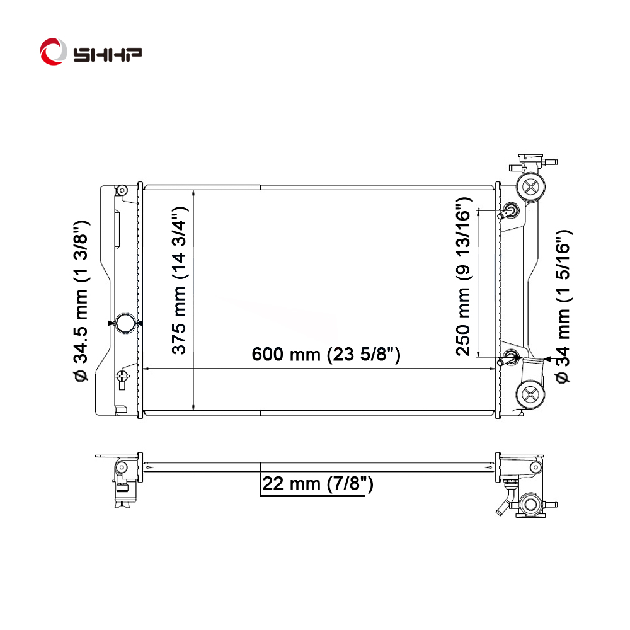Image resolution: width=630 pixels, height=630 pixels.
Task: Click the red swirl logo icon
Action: pyautogui.click(x=53, y=52)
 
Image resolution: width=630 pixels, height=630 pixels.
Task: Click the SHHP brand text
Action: pyautogui.click(x=107, y=54)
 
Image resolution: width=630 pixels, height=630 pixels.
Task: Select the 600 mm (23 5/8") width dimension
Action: pyautogui.click(x=326, y=354)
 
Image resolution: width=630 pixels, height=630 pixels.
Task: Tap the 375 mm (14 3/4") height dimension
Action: pyautogui.click(x=179, y=280)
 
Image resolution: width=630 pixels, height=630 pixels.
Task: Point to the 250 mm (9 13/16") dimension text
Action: pyautogui.click(x=463, y=277)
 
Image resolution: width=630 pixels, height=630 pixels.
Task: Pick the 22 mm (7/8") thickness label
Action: pyautogui.click(x=318, y=483)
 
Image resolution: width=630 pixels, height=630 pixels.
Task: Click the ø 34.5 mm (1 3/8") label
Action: pyautogui.click(x=81, y=301)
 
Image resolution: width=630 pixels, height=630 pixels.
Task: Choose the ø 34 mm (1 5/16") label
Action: pyautogui.click(x=563, y=307)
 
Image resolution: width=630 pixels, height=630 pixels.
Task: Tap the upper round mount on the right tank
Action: pyautogui.click(x=530, y=187)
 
